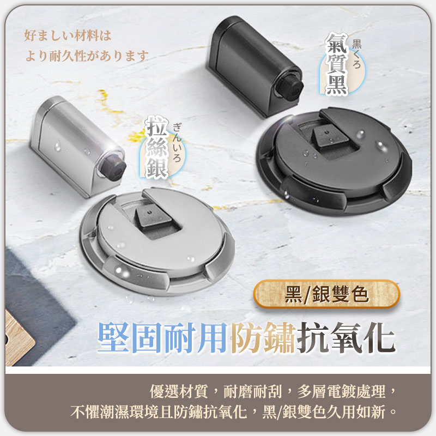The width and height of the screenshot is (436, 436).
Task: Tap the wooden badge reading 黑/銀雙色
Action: click(x=326, y=294)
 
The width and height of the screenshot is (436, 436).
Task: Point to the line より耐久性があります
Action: click(x=87, y=55)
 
